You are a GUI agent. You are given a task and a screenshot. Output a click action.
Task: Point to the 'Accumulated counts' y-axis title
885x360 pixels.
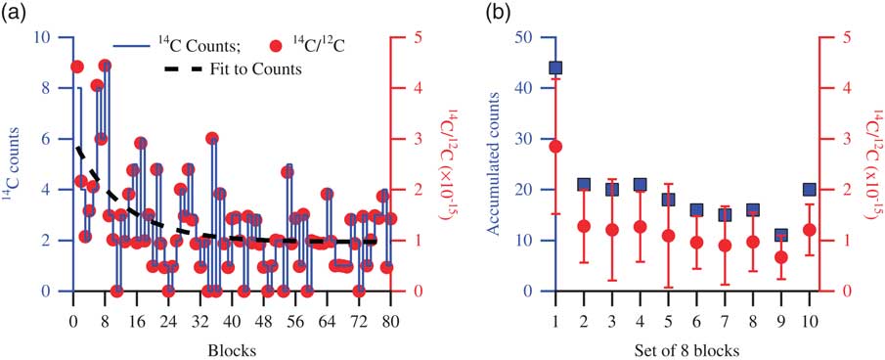pos(499,164)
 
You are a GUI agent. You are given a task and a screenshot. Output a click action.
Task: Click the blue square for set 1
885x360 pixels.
pos(555,67)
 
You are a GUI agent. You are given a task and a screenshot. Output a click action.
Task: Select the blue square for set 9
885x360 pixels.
pos(779,236)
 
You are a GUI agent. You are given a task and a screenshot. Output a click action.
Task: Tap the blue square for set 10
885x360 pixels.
pos(809,190)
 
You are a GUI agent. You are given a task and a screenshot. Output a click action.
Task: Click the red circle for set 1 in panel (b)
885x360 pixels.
pos(555,147)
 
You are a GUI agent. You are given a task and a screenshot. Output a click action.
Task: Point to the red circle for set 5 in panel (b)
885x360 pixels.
pos(668,236)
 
